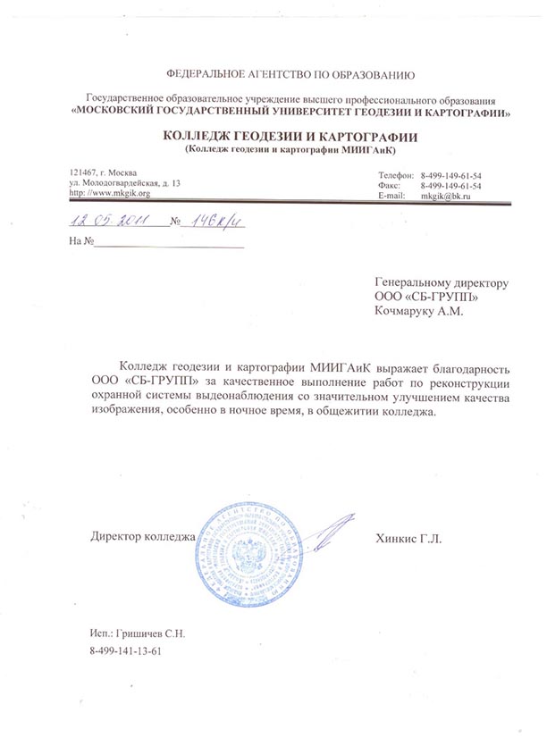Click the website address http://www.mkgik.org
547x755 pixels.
109,193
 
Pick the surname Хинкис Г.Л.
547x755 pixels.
410,538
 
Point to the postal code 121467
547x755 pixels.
82,172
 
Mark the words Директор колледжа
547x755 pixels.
143,538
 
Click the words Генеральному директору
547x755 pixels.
442,281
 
